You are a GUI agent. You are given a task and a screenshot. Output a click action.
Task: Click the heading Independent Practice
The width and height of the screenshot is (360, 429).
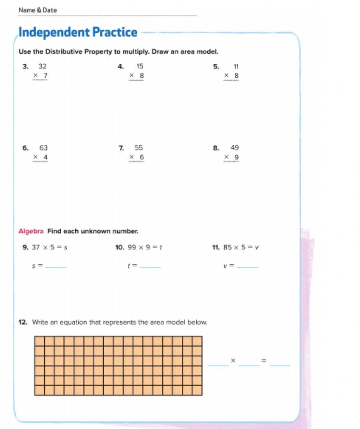[78, 33]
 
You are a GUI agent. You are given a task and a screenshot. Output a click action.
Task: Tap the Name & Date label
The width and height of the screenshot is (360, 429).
[37, 10]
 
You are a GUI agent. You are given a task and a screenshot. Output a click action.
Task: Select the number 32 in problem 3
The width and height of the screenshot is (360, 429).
[42, 66]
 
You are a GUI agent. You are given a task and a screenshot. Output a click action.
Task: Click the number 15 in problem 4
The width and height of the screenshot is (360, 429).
[140, 66]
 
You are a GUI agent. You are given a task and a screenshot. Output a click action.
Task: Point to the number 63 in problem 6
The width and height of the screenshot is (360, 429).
[43, 148]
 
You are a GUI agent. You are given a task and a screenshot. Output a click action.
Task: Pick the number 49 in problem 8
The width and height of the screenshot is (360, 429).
[235, 148]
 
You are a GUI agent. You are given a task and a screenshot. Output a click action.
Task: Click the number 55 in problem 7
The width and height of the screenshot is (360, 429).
[139, 148]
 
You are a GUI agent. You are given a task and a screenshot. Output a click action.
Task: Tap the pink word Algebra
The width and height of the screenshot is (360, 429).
[31, 231]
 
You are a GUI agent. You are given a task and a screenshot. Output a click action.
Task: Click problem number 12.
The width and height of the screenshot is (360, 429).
[22, 322]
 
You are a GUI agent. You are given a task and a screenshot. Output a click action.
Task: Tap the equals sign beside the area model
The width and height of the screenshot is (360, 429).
[264, 361]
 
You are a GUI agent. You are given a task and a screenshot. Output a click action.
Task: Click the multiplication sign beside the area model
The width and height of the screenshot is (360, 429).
[233, 361]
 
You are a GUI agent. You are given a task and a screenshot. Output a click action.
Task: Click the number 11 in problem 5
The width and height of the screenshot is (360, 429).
[236, 66]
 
